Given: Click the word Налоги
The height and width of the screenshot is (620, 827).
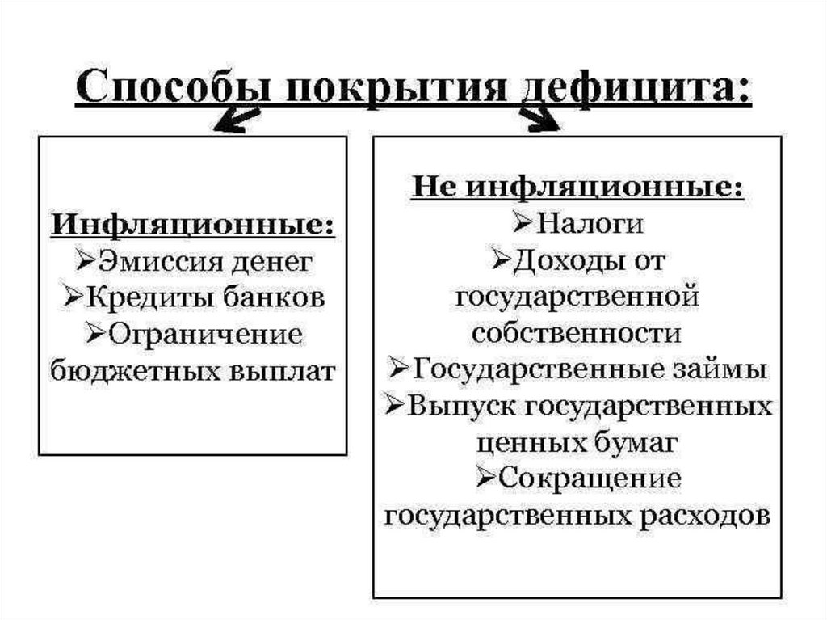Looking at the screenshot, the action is tap(590, 223).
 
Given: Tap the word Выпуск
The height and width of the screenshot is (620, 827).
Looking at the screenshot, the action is tap(461, 406).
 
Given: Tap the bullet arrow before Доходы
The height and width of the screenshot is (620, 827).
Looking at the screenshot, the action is tap(501, 260).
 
